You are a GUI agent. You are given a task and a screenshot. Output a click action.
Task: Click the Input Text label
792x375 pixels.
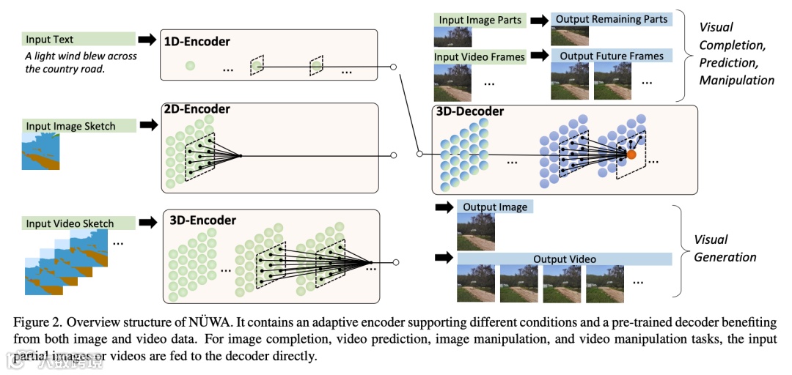pos(49,40)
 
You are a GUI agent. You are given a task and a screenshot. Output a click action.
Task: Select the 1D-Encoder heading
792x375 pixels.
pos(197,42)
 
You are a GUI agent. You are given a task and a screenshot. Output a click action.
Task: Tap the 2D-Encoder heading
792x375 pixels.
pos(197,110)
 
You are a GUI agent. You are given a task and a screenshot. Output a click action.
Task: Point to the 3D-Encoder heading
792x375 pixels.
pos(203,220)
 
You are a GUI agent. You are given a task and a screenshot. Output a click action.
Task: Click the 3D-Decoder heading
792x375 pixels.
pos(470,111)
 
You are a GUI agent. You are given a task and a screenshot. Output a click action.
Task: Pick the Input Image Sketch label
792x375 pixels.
pos(71,126)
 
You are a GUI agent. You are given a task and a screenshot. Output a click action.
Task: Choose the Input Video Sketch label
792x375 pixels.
pos(70,223)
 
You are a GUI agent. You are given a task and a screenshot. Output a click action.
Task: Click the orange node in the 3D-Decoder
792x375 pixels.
pos(630,154)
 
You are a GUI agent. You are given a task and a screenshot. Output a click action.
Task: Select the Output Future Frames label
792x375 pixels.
pos(612,56)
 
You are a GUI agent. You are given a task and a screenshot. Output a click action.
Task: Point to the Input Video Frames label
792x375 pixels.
pos(480,56)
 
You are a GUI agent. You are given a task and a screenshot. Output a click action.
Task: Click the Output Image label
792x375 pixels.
pos(494,207)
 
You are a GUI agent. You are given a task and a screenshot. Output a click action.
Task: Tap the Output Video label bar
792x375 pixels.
pos(565,259)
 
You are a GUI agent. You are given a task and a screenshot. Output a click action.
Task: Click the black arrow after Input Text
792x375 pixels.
pos(147,40)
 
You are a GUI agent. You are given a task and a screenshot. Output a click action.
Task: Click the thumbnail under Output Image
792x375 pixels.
pos(476,231)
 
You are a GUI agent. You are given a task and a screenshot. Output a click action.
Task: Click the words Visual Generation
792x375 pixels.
pos(725,248)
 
